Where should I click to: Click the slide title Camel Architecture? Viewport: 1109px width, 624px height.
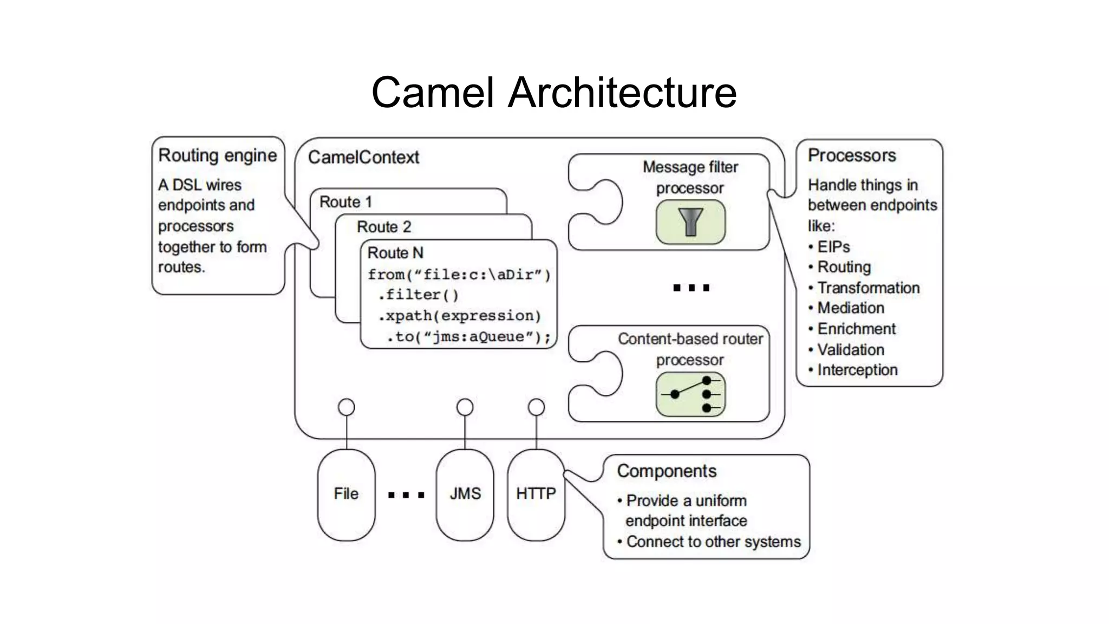553,92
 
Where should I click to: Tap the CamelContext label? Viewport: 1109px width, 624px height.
363,158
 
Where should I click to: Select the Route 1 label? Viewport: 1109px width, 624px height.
345,202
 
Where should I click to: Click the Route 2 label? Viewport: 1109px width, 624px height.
383,227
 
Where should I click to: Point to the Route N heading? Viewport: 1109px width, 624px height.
395,253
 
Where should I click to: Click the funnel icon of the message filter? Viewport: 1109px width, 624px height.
690,222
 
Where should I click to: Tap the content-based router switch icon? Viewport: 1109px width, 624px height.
690,394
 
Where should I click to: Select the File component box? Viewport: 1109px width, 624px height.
346,494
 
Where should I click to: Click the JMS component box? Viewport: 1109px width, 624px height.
465,494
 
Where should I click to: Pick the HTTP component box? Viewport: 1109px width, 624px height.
536,494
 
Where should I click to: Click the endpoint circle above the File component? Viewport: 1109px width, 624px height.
346,407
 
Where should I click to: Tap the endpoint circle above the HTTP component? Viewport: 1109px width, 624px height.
536,407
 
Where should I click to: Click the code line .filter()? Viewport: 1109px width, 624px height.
418,295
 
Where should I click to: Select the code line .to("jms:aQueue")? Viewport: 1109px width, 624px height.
468,337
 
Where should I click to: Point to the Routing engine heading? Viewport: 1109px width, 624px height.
217,155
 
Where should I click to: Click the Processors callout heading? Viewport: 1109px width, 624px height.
851,155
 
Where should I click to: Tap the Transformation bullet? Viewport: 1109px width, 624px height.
868,288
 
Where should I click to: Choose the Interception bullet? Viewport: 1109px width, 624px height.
857,370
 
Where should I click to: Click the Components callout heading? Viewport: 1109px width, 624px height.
666,471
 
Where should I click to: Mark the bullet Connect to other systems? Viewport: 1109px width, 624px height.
713,542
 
